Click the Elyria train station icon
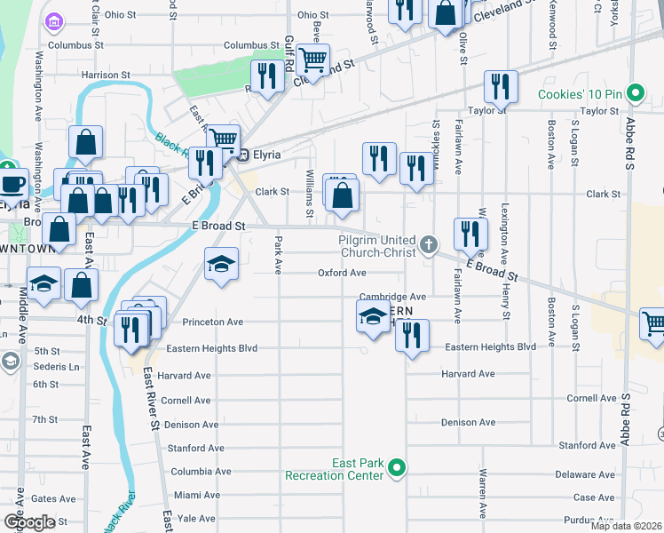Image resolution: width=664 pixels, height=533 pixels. [x=241, y=155]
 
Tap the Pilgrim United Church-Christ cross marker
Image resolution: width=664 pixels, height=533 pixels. [x=429, y=243]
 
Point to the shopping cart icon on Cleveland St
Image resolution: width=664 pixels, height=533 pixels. [x=312, y=61]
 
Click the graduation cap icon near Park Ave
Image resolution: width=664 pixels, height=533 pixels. [x=221, y=264]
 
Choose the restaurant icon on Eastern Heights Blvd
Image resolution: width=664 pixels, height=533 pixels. [x=412, y=335]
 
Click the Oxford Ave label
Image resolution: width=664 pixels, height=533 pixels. [x=343, y=273]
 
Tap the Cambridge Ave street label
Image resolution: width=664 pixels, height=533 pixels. [x=393, y=297]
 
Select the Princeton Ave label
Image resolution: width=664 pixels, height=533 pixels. [x=212, y=322]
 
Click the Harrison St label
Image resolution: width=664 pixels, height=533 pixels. [x=106, y=76]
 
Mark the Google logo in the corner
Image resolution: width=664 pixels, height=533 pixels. [x=29, y=522]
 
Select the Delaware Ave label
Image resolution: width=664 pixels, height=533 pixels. [x=587, y=474]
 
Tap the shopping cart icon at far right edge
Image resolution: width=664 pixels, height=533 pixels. [x=653, y=323]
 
